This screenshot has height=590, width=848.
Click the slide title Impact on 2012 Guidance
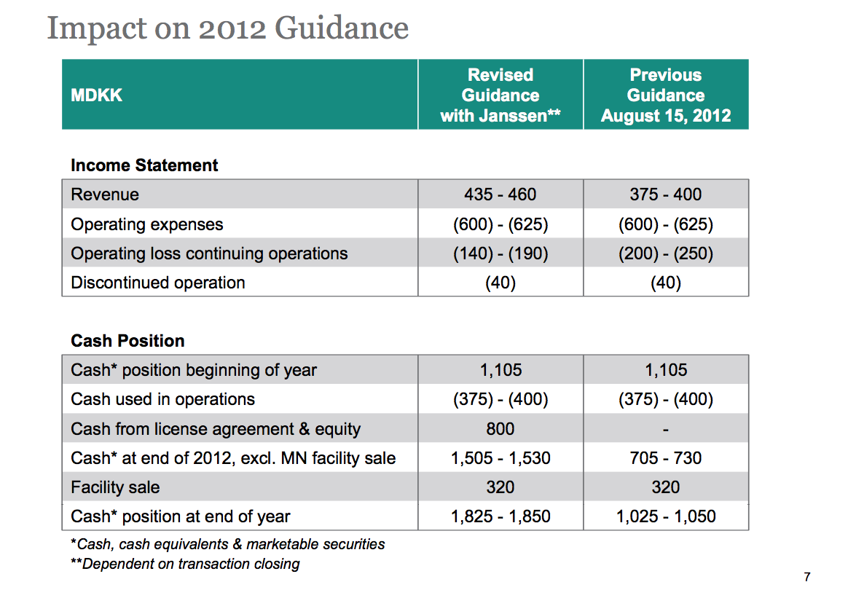pyautogui.click(x=228, y=28)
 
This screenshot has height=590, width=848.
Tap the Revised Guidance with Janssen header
pyautogui.click(x=500, y=95)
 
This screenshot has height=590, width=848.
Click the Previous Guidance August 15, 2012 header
pyautogui.click(x=666, y=95)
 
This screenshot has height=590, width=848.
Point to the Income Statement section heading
pyautogui.click(x=144, y=165)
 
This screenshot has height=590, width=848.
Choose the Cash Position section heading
pyautogui.click(x=127, y=341)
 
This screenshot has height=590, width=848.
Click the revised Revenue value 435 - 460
pyautogui.click(x=500, y=194)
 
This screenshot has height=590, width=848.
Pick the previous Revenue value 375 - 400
pyautogui.click(x=666, y=194)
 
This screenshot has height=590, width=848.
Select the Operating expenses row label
pyautogui.click(x=147, y=224)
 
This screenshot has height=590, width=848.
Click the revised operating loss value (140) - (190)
pyautogui.click(x=500, y=253)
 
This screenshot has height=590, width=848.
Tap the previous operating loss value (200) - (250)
pyautogui.click(x=666, y=253)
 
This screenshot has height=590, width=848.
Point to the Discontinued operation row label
pyautogui.click(x=158, y=283)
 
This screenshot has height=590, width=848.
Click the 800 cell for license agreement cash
pyautogui.click(x=500, y=429)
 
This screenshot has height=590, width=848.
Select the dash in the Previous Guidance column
pyautogui.click(x=666, y=430)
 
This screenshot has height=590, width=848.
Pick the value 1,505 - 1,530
pyautogui.click(x=500, y=458)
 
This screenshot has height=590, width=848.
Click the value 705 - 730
pyautogui.click(x=666, y=458)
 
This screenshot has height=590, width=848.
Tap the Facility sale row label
pyautogui.click(x=115, y=487)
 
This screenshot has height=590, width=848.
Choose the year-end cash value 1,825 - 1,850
pyautogui.click(x=500, y=516)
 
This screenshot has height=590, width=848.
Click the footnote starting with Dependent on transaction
pyautogui.click(x=185, y=564)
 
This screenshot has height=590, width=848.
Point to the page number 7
pyautogui.click(x=807, y=577)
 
